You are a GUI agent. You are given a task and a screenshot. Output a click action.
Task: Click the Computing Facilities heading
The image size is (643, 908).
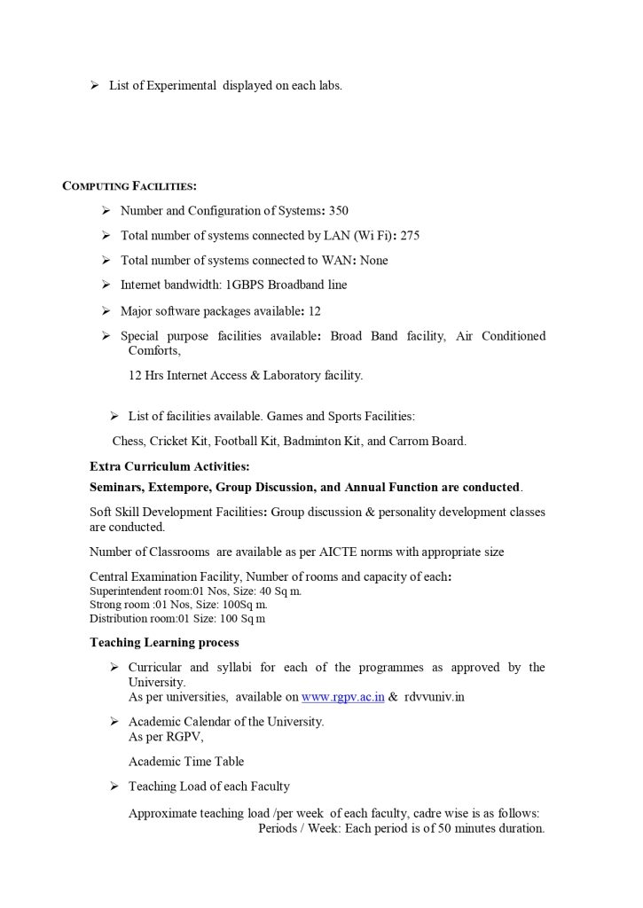129,185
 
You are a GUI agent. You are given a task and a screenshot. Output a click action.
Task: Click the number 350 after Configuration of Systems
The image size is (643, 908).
339,211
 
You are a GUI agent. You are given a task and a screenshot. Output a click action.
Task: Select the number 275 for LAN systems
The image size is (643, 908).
410,236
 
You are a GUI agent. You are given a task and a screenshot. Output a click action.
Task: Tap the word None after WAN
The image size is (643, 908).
373,261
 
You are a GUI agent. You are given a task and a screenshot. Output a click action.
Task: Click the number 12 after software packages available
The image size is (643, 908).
315,311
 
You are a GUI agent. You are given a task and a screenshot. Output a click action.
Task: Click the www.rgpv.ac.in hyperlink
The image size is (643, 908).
342,697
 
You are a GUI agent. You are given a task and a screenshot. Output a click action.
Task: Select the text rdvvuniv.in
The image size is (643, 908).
435,697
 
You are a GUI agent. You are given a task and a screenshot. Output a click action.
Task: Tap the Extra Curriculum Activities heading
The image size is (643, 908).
169,466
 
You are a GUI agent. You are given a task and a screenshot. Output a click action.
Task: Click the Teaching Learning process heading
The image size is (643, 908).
164,642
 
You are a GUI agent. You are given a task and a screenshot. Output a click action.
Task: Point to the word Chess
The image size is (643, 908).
128,441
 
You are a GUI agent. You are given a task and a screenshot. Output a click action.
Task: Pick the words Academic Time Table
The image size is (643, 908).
186,761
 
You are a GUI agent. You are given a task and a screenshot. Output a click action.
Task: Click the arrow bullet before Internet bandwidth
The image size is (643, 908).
106,286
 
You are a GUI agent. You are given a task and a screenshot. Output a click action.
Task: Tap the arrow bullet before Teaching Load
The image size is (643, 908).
114,787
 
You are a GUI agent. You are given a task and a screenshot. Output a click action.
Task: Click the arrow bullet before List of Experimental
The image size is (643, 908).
94,85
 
